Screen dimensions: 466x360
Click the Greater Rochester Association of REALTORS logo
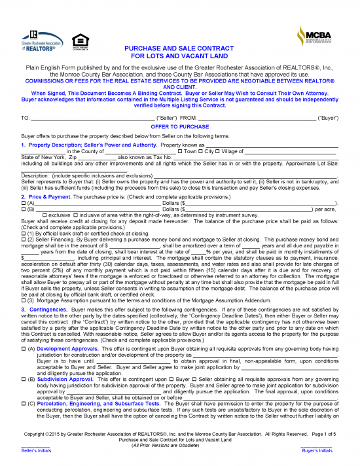pos(41,40)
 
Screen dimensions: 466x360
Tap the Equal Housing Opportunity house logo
pos(79,40)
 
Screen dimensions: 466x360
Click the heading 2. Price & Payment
pos(46,179)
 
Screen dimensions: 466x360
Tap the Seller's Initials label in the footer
pos(36,451)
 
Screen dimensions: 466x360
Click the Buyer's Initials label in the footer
pos(316,451)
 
